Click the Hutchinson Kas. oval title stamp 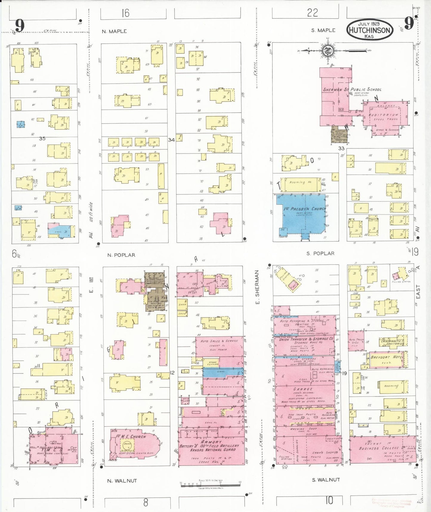pos(369,30)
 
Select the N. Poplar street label pos(121,255)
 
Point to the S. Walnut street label pos(326,480)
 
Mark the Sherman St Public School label pos(352,89)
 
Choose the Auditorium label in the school pos(383,115)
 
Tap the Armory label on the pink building pos(211,442)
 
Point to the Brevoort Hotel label pos(387,357)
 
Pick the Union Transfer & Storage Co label pos(306,339)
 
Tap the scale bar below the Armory pos(210,484)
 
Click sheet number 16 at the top pos(125,13)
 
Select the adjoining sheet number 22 pos(312,13)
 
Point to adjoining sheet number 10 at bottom pos(329,500)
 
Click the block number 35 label pos(42,139)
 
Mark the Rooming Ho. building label pos(300,182)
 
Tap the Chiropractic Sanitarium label pos(392,342)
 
